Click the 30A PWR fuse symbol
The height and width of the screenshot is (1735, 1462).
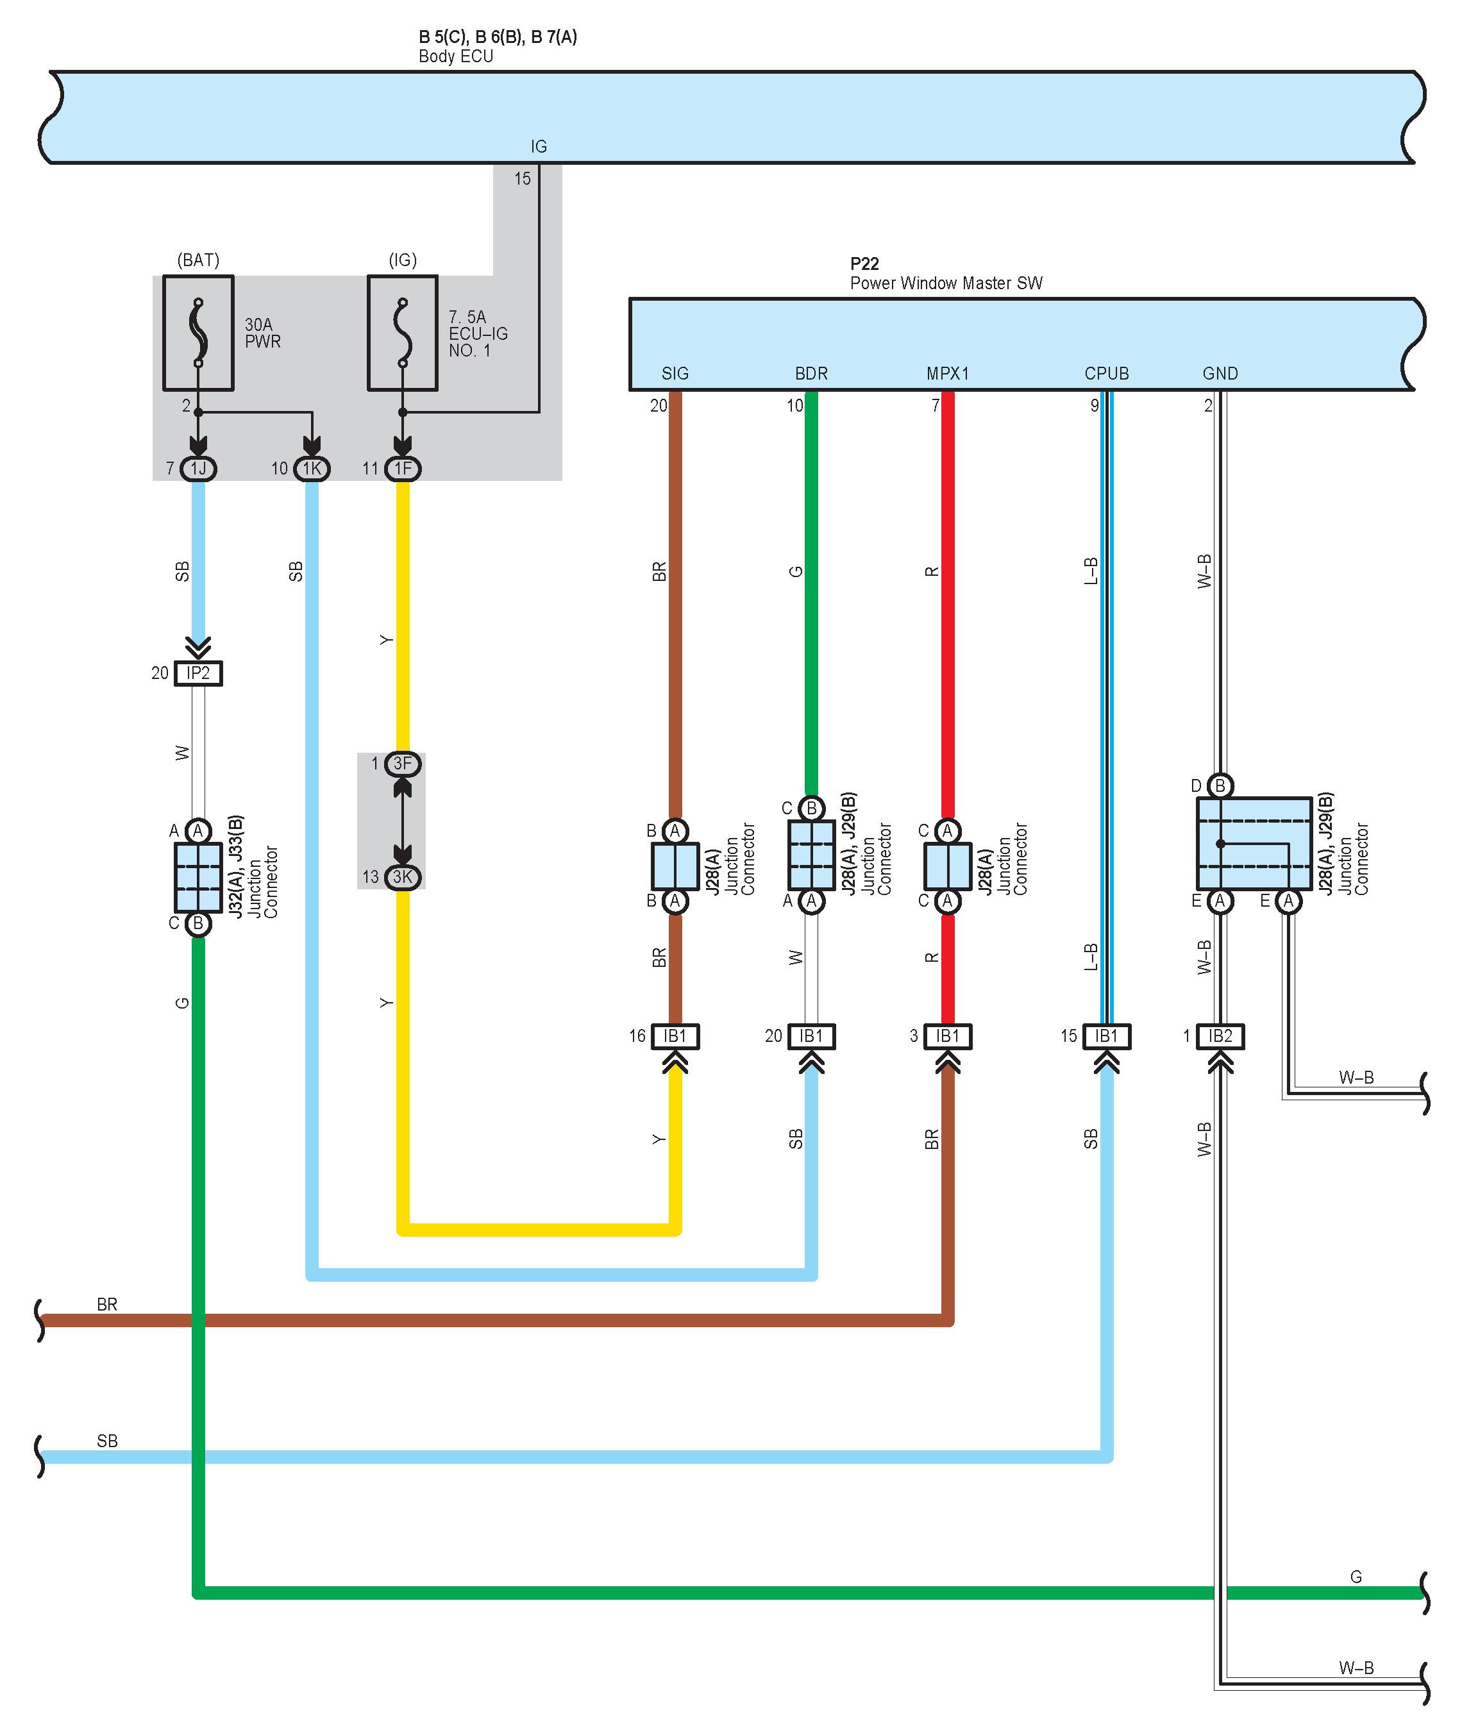tap(198, 333)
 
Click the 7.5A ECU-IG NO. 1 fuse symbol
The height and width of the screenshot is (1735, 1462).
tap(403, 333)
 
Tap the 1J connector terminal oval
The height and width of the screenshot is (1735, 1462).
tap(198, 469)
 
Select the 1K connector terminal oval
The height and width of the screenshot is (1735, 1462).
tap(312, 469)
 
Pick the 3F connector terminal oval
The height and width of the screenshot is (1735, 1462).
tap(403, 764)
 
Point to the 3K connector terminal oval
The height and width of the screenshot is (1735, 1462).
tap(403, 876)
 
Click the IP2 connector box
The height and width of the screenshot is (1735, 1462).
tap(198, 673)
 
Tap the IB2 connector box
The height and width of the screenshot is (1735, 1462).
tap(1220, 1035)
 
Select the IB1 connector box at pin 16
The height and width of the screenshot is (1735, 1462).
tap(675, 1035)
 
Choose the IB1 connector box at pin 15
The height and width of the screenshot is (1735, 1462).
tap(1107, 1035)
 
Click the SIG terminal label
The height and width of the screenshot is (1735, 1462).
tap(675, 374)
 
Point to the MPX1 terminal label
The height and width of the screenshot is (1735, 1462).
tap(947, 374)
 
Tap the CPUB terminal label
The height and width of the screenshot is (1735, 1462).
tap(1107, 374)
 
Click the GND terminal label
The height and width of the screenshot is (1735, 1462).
tap(1220, 374)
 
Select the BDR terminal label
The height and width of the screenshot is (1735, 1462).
tap(811, 374)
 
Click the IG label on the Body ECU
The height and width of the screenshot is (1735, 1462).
tap(539, 147)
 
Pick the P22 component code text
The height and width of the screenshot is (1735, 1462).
tap(864, 264)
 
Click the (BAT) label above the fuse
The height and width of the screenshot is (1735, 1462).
tap(198, 260)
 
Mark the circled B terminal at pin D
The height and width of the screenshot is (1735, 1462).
tap(1220, 785)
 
